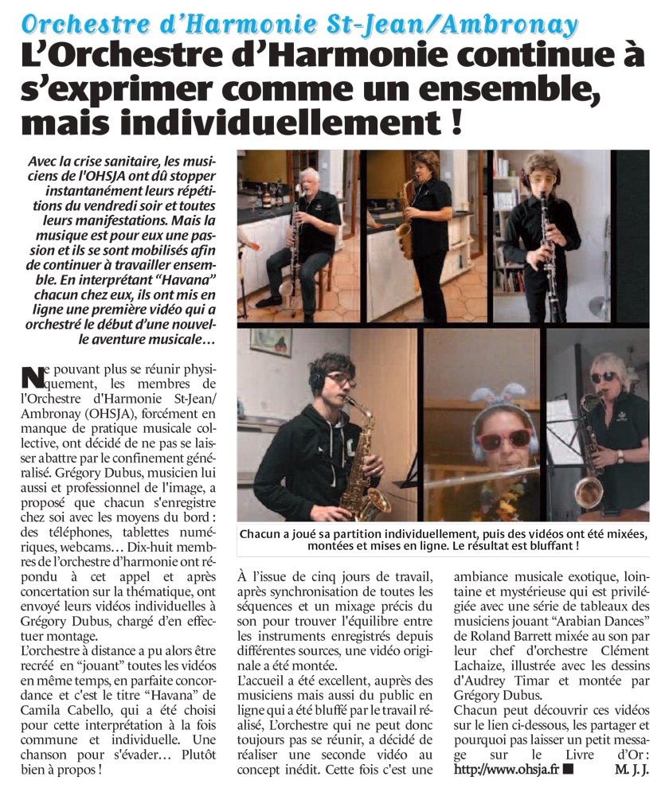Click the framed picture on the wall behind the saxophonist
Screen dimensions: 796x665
[x=270, y=341]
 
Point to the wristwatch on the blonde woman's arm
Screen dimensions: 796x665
[x=620, y=457]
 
